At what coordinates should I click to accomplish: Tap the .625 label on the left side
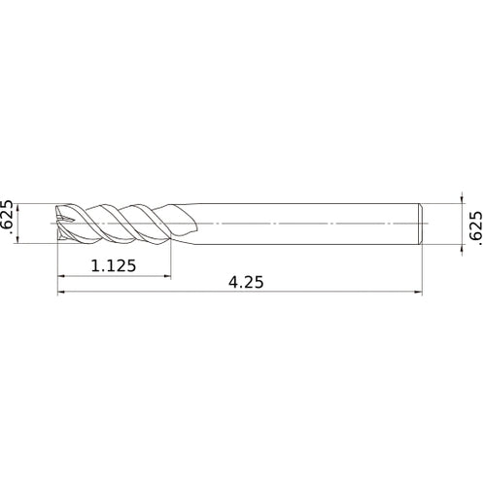pyautogui.click(x=9, y=216)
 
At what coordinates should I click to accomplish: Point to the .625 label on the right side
pyautogui.click(x=474, y=226)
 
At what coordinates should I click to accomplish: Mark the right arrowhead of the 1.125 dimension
pyautogui.click(x=167, y=276)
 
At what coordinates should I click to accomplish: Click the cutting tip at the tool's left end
pyautogui.click(x=60, y=224)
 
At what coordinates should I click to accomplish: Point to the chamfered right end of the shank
pyautogui.click(x=420, y=224)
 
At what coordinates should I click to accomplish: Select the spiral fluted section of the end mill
pyautogui.click(x=126, y=224)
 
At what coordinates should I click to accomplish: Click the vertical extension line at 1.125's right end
pyautogui.click(x=171, y=258)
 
